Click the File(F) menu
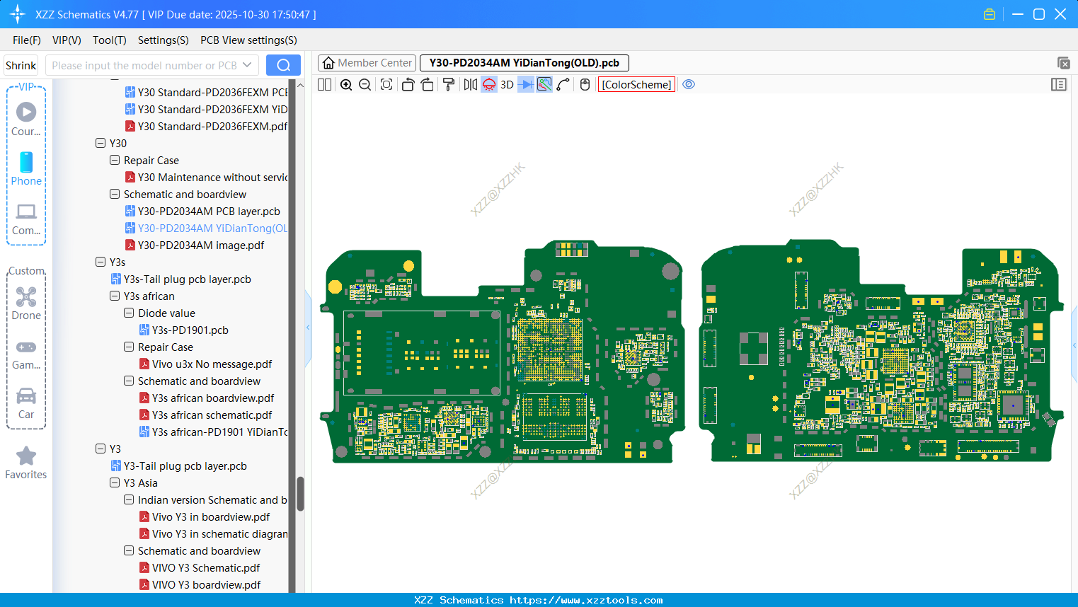[26, 40]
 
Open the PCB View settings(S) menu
[248, 40]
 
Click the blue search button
[283, 65]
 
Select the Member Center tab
[367, 63]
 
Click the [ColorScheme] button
[636, 85]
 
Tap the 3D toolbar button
[507, 85]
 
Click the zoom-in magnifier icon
[346, 85]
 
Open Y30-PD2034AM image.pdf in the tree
[200, 245]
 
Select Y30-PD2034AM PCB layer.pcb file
[209, 212]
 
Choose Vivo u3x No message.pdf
[212, 364]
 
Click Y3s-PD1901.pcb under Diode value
[190, 330]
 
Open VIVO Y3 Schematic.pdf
[206, 568]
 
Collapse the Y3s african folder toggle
[115, 296]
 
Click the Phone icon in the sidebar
[26, 163]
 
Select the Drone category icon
[26, 297]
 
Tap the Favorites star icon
[26, 456]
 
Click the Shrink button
[21, 66]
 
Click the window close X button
[1060, 14]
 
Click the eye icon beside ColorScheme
[689, 85]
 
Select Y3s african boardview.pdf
[213, 398]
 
